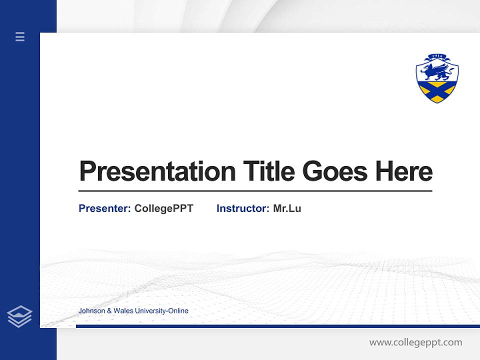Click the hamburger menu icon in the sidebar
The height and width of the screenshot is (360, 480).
pyautogui.click(x=20, y=36)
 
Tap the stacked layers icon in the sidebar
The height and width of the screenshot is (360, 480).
pyautogui.click(x=19, y=316)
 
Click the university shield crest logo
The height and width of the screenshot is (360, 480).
pyautogui.click(x=437, y=78)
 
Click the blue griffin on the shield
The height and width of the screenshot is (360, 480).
pyautogui.click(x=436, y=70)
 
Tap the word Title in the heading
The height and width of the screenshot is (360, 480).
pyautogui.click(x=268, y=171)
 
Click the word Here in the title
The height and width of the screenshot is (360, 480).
pyautogui.click(x=403, y=171)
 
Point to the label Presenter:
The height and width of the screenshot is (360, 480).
pyautogui.click(x=105, y=208)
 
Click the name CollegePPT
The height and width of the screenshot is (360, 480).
pyautogui.click(x=163, y=208)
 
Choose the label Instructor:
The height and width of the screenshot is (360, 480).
pyautogui.click(x=243, y=208)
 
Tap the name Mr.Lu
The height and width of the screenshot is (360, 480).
pyautogui.click(x=287, y=208)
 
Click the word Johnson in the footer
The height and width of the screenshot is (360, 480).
pyautogui.click(x=91, y=311)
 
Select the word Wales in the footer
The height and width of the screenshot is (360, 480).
pyautogui.click(x=122, y=311)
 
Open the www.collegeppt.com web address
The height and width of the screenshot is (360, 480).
pyautogui.click(x=415, y=342)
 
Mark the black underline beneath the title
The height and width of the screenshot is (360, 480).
pyautogui.click(x=255, y=190)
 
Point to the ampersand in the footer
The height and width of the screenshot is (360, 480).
pyautogui.click(x=109, y=311)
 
